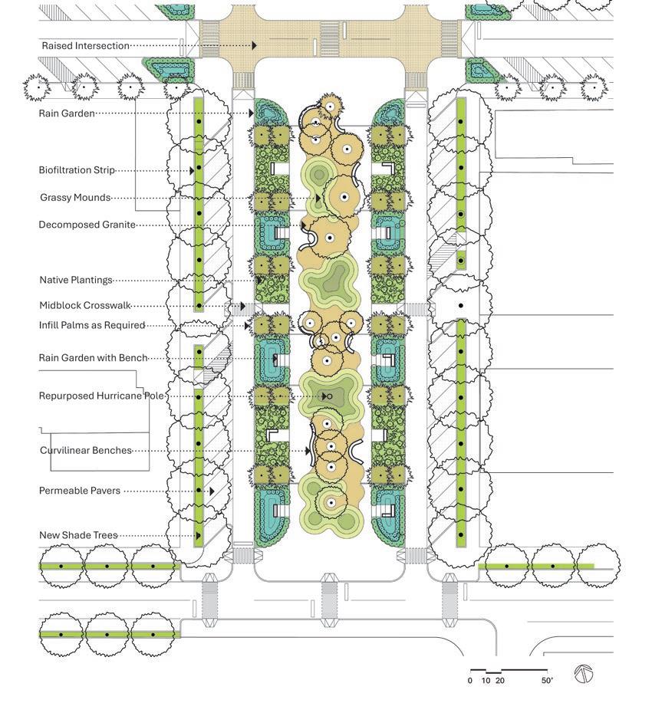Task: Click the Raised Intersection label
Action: (x=85, y=46)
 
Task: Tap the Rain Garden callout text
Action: (x=67, y=113)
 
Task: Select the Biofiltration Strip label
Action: (x=77, y=170)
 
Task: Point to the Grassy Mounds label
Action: (x=75, y=198)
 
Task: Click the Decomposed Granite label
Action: (x=87, y=225)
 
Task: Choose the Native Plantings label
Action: (x=76, y=281)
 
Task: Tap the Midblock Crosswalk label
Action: (x=84, y=306)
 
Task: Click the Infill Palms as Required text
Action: (x=92, y=326)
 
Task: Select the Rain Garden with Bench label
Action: (x=93, y=358)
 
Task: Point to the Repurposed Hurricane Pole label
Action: (x=101, y=396)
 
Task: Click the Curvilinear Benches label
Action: (x=86, y=451)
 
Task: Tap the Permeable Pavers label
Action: (x=80, y=491)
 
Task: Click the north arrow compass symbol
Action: (x=584, y=674)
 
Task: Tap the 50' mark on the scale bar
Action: (x=547, y=681)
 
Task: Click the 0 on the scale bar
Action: (x=470, y=681)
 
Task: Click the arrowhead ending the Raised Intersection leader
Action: (x=254, y=46)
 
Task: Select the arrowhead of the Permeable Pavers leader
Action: (x=212, y=491)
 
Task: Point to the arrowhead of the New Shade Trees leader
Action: (x=198, y=536)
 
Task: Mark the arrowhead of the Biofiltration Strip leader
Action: (x=192, y=171)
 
